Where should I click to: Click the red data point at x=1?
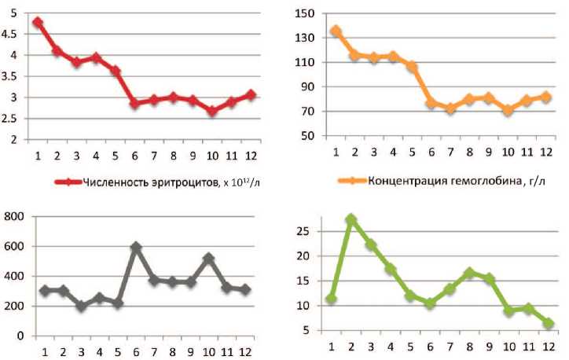coord(37,23)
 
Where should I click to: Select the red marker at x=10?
coord(212,111)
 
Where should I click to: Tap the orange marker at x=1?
coord(336,31)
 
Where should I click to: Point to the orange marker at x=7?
coord(450,108)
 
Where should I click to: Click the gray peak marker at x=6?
coord(136,248)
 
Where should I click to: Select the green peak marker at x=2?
coord(351,219)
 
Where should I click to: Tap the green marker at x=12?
coord(548,323)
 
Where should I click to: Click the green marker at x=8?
coord(470,273)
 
